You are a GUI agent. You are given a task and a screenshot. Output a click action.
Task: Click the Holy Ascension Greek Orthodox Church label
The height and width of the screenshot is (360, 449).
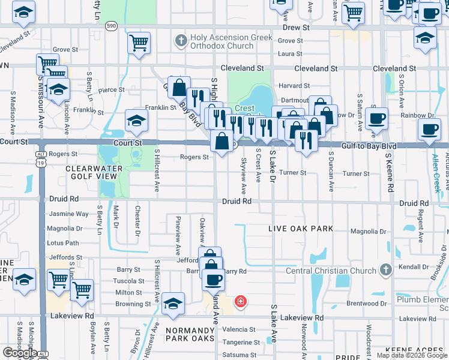coord(221,41)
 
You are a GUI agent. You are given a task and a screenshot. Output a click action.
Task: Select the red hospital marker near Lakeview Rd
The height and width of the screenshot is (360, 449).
coord(240,301)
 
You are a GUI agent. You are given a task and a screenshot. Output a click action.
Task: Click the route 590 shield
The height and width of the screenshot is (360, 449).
coord(111,26)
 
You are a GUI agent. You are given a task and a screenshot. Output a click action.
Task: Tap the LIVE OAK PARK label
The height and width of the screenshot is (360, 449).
coord(300,229)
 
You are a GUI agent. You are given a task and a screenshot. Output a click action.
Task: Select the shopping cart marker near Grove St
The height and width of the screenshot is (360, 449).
coord(139,43)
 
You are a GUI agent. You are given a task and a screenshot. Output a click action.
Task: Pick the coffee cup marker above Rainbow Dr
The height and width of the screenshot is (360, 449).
coord(376,118)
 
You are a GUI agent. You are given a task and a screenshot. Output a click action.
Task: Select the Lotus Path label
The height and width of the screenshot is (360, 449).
coord(63,243)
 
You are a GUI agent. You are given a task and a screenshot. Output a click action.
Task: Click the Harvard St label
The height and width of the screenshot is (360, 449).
coord(294,86)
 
